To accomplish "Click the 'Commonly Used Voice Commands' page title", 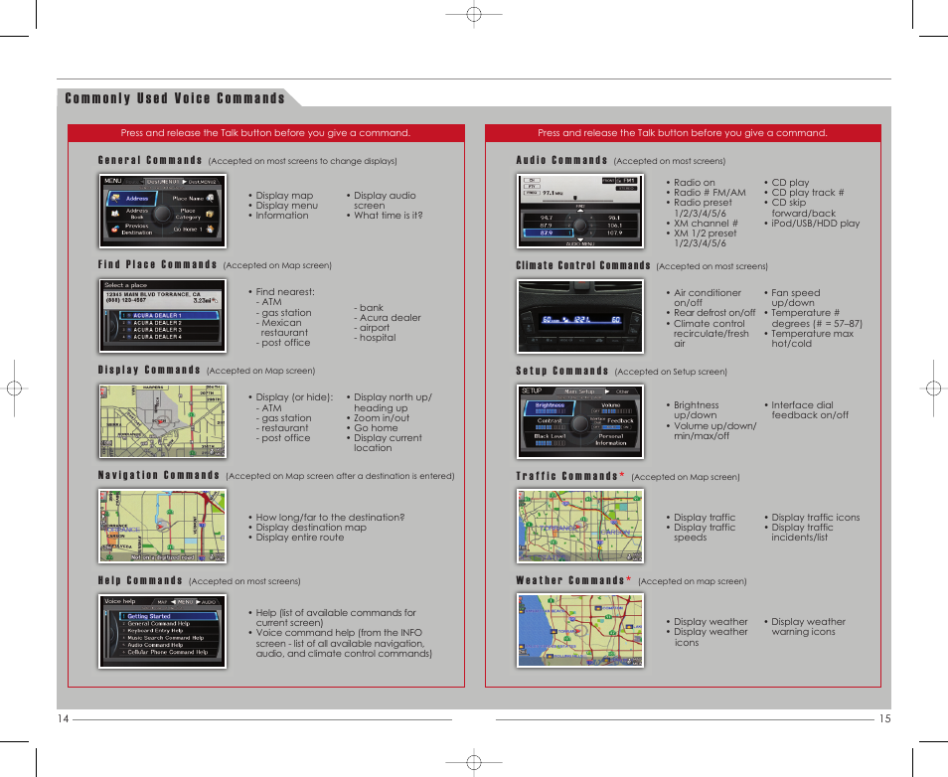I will point(175,98).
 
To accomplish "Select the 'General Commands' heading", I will point(150,160).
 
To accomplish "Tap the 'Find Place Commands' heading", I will point(157,265).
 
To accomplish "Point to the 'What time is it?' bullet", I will point(388,216).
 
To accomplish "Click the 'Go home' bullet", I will point(376,428).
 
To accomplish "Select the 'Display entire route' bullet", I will point(299,538).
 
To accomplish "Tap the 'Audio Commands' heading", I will point(561,160).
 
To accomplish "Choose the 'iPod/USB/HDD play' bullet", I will point(815,224).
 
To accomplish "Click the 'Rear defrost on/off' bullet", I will point(713,313).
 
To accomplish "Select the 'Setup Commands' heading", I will point(561,371).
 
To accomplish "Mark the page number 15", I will point(884,719).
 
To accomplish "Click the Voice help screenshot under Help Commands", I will point(163,631).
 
